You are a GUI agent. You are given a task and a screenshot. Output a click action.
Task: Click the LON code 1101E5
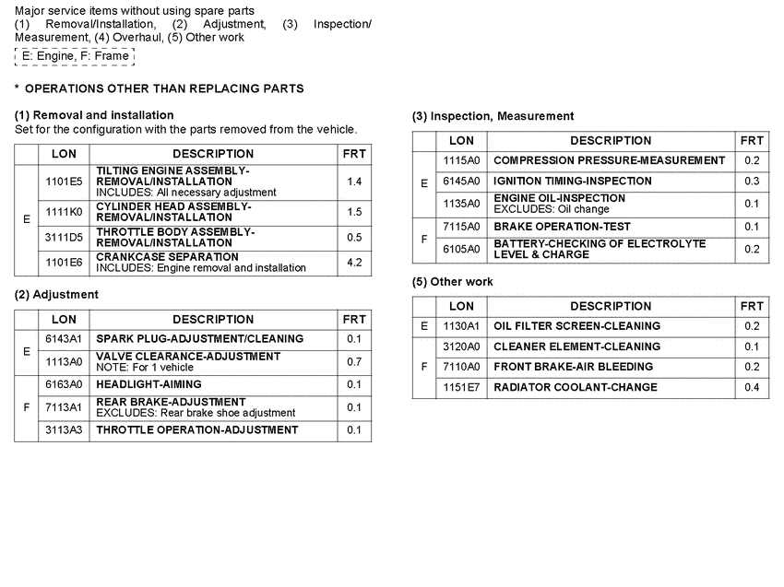tap(64, 182)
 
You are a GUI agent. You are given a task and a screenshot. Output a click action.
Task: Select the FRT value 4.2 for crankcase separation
tap(354, 263)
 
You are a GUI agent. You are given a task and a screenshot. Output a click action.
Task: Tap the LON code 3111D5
tap(64, 237)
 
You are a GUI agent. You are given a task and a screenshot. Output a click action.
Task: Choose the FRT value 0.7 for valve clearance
tap(354, 361)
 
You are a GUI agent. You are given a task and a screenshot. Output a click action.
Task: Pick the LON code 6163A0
tap(64, 384)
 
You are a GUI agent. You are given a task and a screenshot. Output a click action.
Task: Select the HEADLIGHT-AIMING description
tap(148, 384)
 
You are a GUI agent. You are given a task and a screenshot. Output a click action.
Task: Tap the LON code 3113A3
tap(64, 430)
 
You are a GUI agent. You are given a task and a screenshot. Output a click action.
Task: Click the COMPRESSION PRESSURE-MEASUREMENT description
tap(610, 160)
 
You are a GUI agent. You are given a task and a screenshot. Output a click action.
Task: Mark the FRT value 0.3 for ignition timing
tap(752, 182)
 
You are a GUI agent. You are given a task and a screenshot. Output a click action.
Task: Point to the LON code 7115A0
tap(461, 227)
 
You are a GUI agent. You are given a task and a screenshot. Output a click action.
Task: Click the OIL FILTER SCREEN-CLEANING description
tap(577, 326)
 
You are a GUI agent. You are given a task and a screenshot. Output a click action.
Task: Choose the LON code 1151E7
tap(461, 388)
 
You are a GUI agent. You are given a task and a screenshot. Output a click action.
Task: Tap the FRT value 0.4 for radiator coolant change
tap(752, 388)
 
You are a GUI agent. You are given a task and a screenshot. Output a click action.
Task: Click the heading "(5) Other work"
tap(453, 282)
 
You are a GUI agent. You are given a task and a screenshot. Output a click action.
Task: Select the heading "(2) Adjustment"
tap(56, 295)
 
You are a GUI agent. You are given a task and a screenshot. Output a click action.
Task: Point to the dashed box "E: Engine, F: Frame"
tap(75, 56)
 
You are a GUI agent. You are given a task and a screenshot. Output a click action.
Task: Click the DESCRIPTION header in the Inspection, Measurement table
tap(611, 141)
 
